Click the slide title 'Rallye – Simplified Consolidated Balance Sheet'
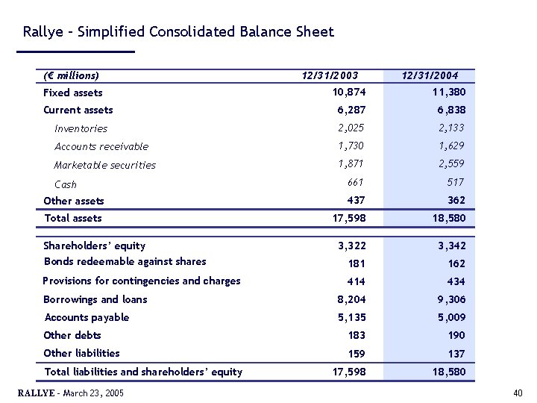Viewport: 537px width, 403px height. (178, 32)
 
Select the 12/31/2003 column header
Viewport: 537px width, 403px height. (330, 75)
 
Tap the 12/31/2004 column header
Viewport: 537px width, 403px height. (430, 75)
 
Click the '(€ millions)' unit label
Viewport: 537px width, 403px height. (72, 75)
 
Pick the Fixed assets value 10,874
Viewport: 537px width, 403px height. (349, 92)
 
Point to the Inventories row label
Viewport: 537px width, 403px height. (81, 128)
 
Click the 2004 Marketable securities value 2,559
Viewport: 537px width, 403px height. (450, 163)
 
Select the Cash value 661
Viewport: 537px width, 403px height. (356, 182)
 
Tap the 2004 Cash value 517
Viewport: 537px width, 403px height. (455, 182)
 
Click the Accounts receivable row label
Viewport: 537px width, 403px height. (101, 146)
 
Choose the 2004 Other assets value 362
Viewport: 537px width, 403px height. (456, 200)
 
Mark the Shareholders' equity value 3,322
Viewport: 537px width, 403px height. (352, 246)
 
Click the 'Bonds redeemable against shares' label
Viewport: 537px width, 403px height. (125, 261)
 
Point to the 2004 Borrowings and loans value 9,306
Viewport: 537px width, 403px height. (450, 299)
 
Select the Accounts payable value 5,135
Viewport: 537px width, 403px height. (352, 317)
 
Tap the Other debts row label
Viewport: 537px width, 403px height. (72, 335)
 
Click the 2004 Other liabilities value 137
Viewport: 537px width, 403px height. (456, 354)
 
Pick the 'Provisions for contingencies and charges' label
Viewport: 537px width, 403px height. (142, 281)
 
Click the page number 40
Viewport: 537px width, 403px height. (518, 393)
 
